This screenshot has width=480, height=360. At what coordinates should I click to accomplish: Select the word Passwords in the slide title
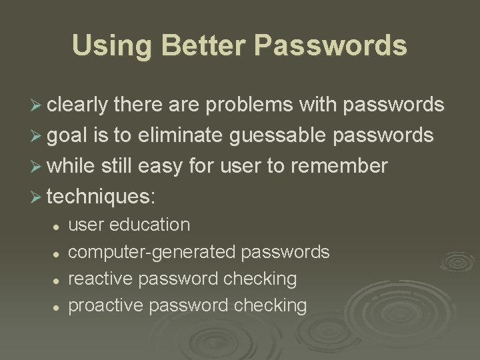coord(331,46)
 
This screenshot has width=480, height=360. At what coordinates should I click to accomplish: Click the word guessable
coord(281,135)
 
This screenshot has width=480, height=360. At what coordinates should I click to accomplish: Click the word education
coord(149,225)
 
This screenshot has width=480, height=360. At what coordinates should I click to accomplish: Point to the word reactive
coord(97,279)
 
